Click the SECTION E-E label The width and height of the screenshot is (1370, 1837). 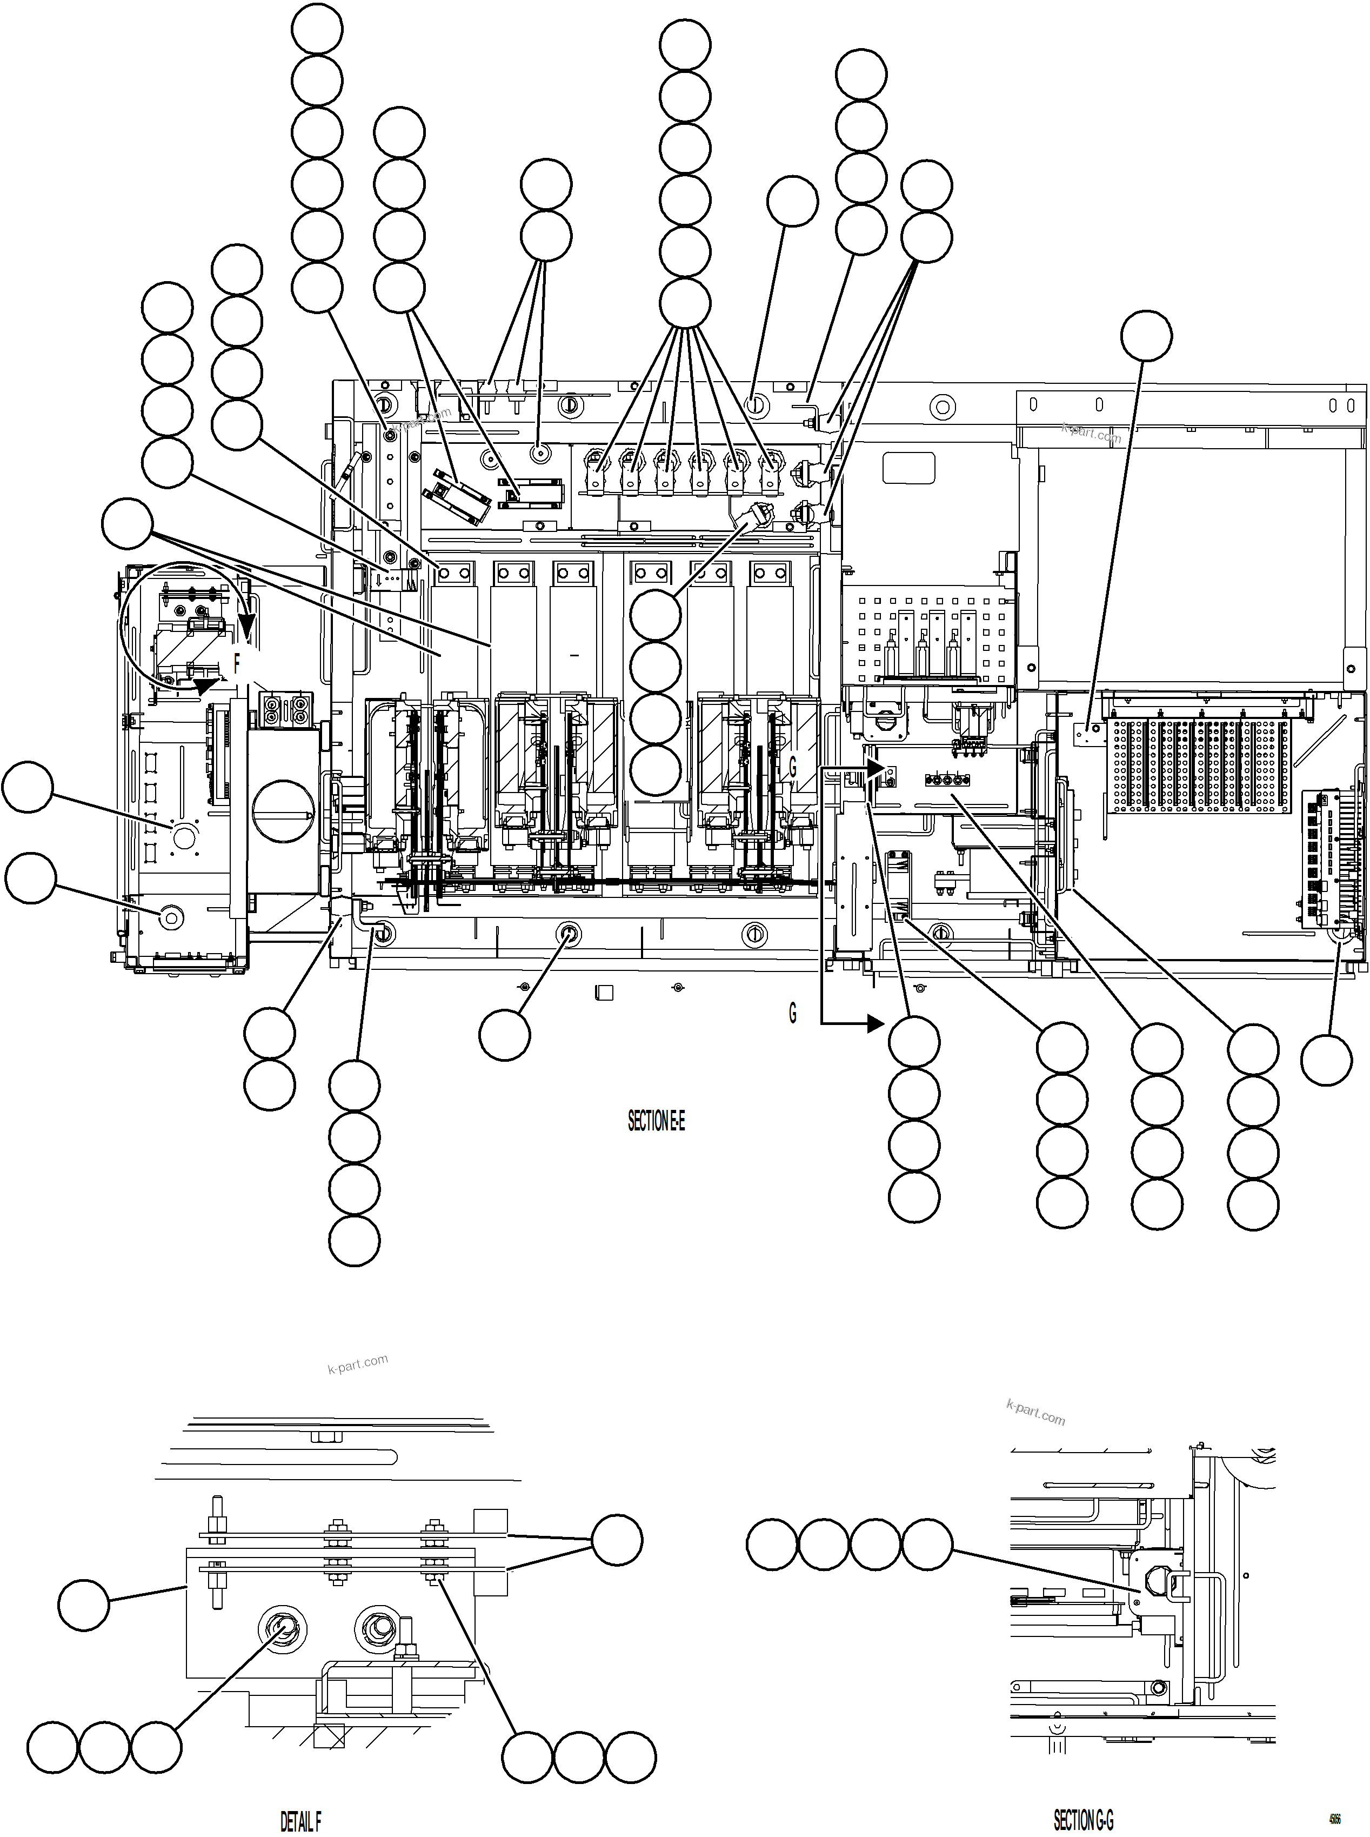pos(656,1122)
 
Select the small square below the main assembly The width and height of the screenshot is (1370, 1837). pos(605,993)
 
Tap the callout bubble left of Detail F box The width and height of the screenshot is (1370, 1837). pos(84,1606)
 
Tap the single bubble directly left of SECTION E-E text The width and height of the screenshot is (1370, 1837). pos(504,1035)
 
